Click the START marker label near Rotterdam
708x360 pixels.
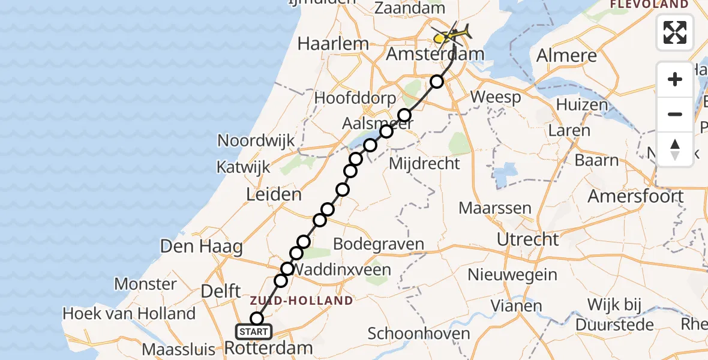pos(254,332)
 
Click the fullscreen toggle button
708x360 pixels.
pos(675,32)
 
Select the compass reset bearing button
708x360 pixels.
pos(675,149)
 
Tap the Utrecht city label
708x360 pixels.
pos(528,239)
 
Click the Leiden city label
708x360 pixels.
pos(273,194)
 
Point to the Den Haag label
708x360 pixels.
pos(201,246)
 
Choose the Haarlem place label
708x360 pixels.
pos(334,43)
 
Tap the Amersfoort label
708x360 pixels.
pos(635,196)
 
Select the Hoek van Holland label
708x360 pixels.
pos(129,313)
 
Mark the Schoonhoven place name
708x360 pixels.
pos(419,334)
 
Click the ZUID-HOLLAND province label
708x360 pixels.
pos(302,300)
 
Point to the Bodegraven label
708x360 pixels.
pos(378,244)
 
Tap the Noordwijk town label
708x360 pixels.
pos(256,141)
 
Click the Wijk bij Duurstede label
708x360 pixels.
pos(620,314)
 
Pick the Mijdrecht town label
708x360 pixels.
pos(425,163)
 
